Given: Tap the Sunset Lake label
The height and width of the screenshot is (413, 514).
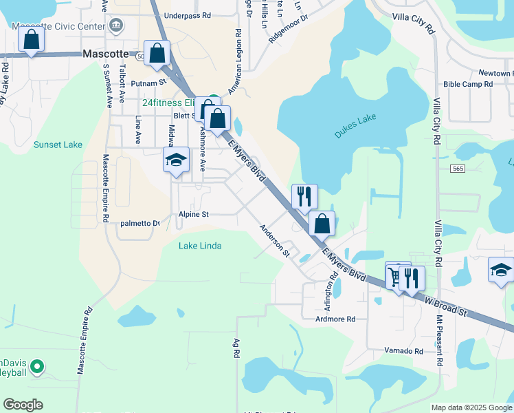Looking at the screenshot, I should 58,145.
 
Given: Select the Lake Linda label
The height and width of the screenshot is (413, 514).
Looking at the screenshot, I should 200,246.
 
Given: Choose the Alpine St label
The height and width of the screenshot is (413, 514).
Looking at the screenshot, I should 193,214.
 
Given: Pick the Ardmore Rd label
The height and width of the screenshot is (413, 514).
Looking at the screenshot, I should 335,319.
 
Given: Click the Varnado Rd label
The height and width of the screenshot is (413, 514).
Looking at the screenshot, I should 403,351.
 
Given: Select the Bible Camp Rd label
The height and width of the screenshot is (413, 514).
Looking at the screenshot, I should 468,84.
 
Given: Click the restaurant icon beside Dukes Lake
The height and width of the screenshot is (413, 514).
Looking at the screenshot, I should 304,195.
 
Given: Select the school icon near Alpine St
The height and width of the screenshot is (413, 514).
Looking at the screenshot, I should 176,160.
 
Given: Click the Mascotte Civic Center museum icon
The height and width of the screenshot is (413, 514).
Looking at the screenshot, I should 116,27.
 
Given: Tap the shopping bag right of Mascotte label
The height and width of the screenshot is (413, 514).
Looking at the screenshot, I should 157,53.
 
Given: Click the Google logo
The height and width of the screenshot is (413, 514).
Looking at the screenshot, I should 23,405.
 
